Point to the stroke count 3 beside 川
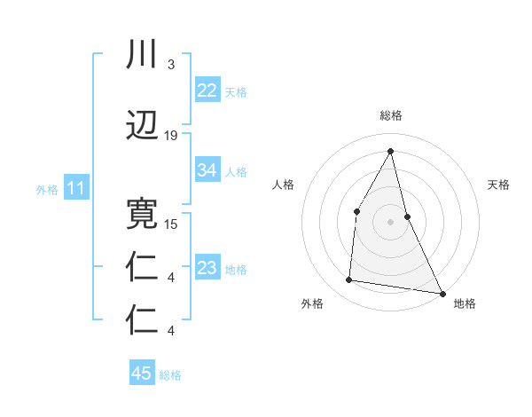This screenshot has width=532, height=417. coord(170,65)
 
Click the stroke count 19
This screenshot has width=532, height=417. coord(171,136)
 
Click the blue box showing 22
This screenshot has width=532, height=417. coord(207,90)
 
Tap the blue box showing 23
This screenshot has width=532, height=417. coord(207,268)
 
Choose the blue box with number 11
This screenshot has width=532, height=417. coord(75,187)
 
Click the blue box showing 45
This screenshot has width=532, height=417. coord(142,374)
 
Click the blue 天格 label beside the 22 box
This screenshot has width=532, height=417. coord(236,91)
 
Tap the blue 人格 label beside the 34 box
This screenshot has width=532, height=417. coord(236,171)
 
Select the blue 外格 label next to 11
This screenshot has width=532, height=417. coord(47,189)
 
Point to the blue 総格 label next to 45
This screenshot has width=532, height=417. coord(170,375)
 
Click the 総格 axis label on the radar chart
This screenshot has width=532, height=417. coord(390,115)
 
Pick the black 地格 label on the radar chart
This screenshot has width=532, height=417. coord(465,303)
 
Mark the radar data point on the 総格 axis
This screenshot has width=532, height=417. coord(390,150)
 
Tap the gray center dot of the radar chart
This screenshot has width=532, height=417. coord(390,222)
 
